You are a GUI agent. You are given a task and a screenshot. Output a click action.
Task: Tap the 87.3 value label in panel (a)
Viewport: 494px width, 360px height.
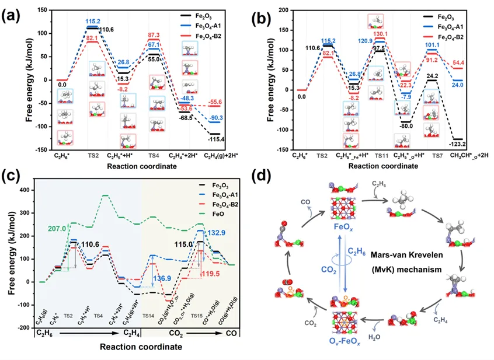154,35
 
